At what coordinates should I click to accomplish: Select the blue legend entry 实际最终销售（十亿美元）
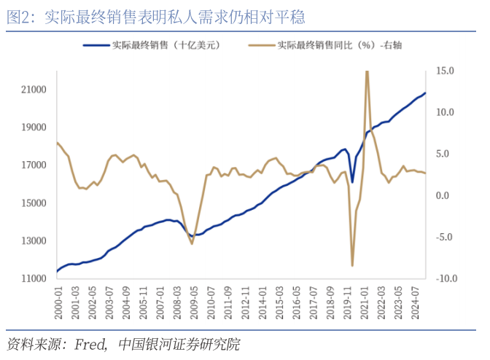coord(165,46)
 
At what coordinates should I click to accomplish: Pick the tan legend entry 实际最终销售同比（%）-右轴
coord(338,46)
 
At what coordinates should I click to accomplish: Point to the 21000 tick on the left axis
coord(34,90)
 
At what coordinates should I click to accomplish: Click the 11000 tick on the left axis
coord(34,278)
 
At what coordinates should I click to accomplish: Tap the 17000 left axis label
coord(34,165)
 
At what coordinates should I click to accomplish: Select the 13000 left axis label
coord(34,241)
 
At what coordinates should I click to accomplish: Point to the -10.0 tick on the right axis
coord(445,278)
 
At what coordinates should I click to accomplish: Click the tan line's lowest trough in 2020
coord(352,266)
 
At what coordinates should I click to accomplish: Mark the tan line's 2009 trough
coord(192,243)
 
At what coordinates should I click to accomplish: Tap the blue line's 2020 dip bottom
coord(352,182)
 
